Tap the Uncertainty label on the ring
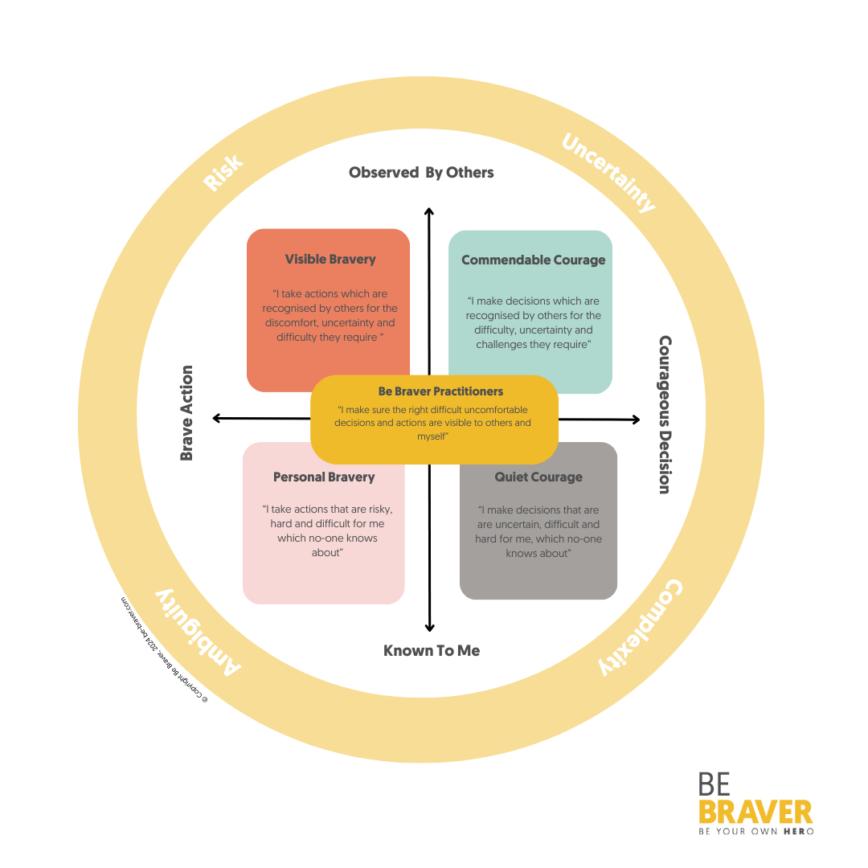coord(608,174)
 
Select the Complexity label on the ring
coord(641,627)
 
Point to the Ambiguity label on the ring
coord(197,631)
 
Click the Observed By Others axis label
coord(421,173)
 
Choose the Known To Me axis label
coord(432,651)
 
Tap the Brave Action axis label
coord(187,413)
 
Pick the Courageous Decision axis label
coord(665,415)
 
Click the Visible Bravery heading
coord(330,260)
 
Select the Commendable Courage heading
coord(534,260)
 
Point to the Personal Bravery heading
coord(324,477)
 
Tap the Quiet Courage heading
coord(538,477)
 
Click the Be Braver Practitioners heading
coord(440,392)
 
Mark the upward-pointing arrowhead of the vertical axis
coord(429,212)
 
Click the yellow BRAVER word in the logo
coord(755,810)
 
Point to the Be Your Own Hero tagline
coord(755,831)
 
